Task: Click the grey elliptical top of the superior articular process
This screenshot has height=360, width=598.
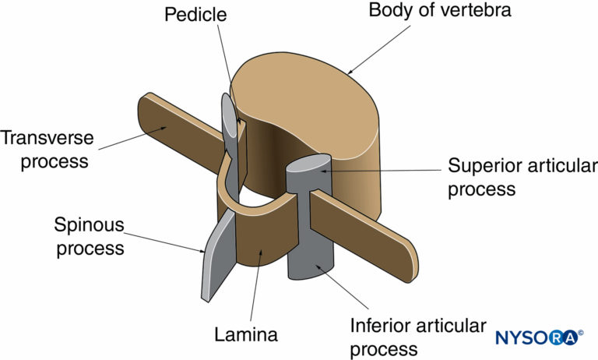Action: [x=309, y=166]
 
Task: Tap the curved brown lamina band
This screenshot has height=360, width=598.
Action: [x=265, y=234]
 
